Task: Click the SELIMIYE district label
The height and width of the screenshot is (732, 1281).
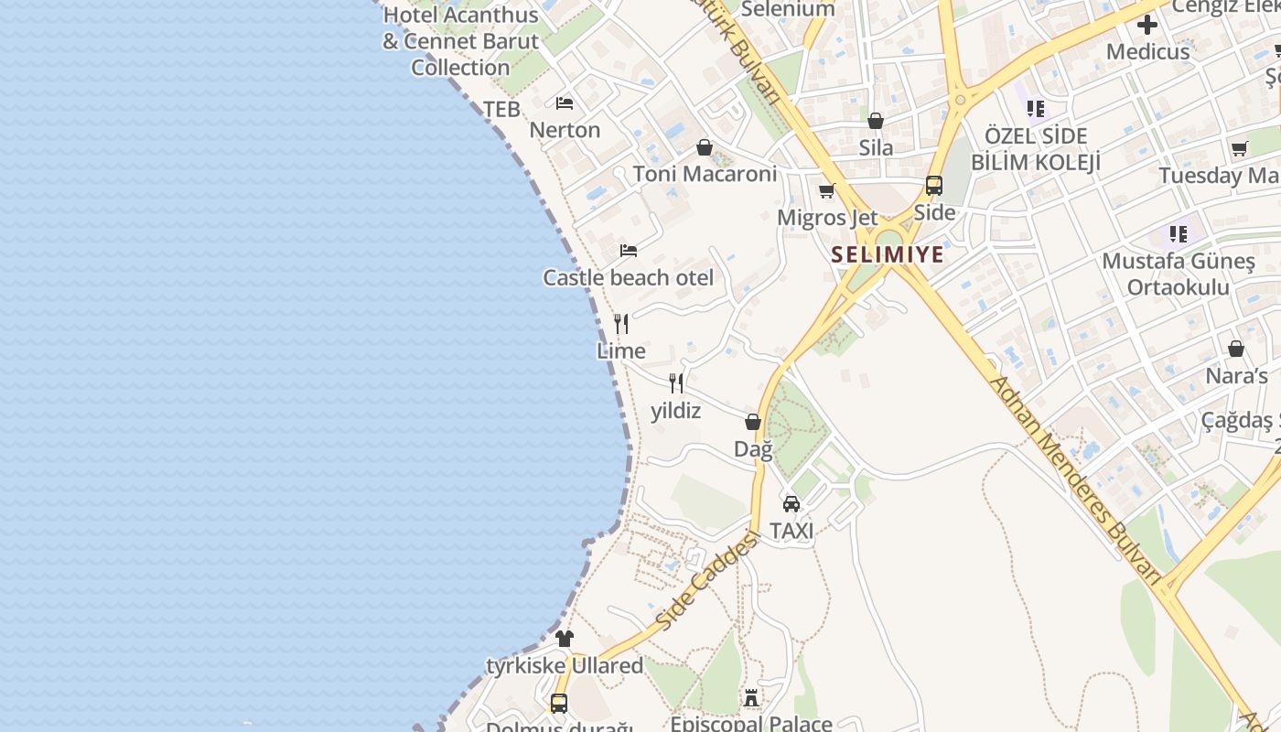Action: click(888, 254)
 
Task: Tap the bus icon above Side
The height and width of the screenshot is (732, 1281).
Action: click(934, 186)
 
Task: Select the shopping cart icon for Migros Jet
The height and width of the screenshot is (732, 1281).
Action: click(827, 191)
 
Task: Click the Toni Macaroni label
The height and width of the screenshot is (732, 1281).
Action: click(705, 174)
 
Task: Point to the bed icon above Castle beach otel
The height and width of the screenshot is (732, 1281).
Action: click(629, 250)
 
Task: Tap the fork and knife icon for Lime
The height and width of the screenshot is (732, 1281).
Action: click(621, 324)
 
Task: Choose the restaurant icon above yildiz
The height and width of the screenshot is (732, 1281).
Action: click(676, 382)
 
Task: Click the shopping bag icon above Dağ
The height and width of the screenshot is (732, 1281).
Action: click(753, 422)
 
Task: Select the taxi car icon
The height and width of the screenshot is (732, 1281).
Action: click(791, 503)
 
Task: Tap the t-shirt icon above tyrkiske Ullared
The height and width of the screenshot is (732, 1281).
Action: click(565, 638)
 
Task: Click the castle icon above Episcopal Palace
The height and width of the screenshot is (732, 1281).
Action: click(751, 698)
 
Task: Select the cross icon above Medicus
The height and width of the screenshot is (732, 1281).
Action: click(1147, 25)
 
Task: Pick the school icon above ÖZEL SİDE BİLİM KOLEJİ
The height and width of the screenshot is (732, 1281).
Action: click(1036, 109)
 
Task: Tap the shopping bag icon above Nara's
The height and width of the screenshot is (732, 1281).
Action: click(1236, 349)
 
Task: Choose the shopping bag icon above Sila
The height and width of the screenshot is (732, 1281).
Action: click(876, 121)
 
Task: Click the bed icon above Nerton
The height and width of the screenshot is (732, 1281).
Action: click(565, 102)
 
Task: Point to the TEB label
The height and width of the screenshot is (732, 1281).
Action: click(501, 110)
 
